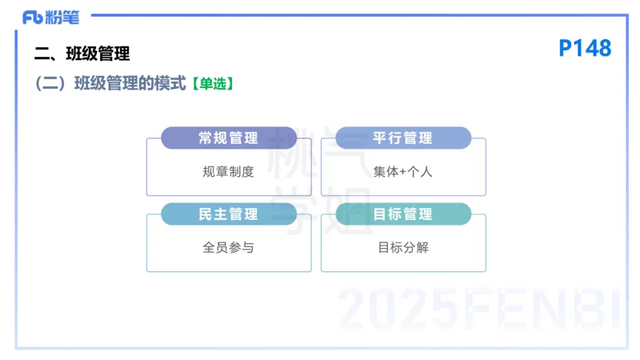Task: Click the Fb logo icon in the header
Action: tap(33, 17)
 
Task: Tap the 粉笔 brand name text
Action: tap(62, 17)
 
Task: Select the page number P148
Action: tap(584, 49)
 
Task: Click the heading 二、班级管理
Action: tap(82, 54)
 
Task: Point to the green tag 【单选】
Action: tap(212, 83)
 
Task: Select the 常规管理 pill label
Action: tap(228, 138)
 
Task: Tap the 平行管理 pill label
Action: tap(402, 138)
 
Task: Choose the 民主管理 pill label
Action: tap(228, 214)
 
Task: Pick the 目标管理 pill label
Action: tap(402, 214)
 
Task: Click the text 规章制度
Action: tap(228, 171)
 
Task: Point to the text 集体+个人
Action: tap(402, 171)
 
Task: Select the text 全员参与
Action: tap(228, 247)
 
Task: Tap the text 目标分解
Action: tap(402, 247)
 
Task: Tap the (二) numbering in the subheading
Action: tap(50, 83)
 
